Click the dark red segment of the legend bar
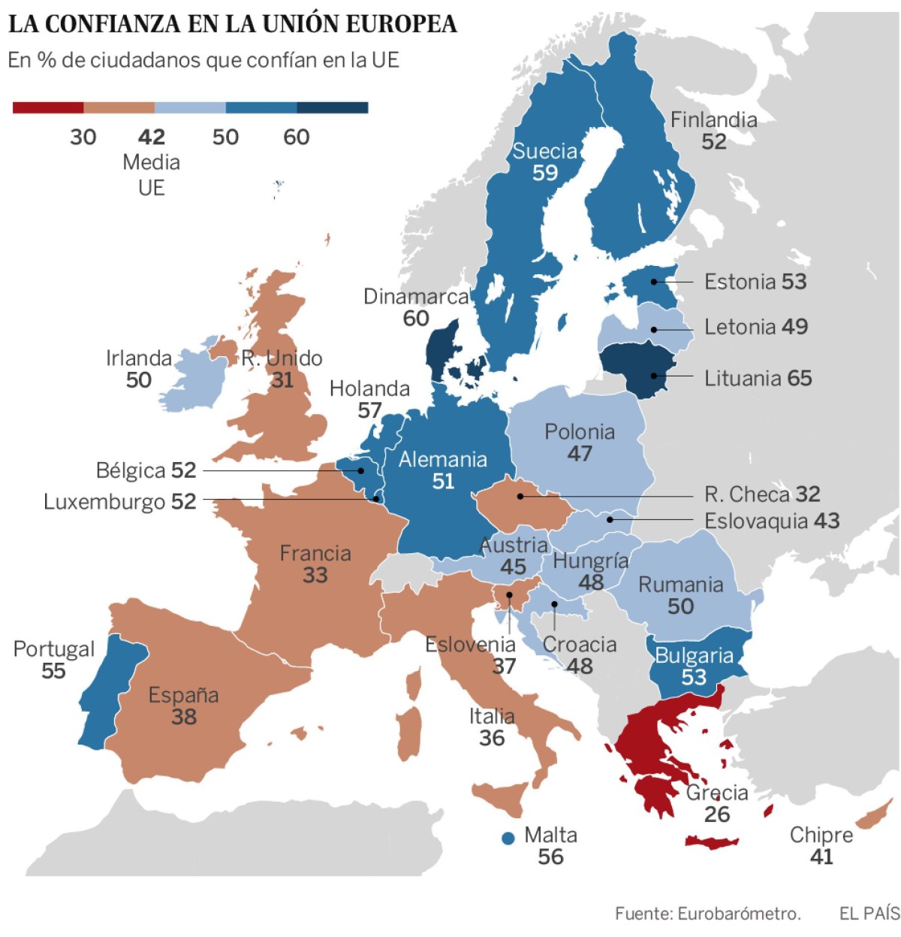tap(48, 107)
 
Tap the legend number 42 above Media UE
tap(151, 137)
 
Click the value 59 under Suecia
tap(545, 173)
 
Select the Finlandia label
tap(713, 119)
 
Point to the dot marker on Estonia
tap(654, 282)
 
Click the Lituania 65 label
tap(758, 378)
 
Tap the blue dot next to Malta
tap(508, 838)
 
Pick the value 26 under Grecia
tap(716, 815)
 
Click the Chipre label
tap(821, 835)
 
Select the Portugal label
tap(54, 649)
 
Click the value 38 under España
tap(184, 717)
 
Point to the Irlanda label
tap(139, 358)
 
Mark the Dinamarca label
tap(416, 297)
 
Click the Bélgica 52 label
tap(146, 470)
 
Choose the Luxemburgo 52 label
tap(120, 501)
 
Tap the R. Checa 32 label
tap(761, 494)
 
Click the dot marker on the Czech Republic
tap(520, 496)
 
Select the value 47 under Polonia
tap(579, 454)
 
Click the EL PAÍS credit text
tap(869, 913)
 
